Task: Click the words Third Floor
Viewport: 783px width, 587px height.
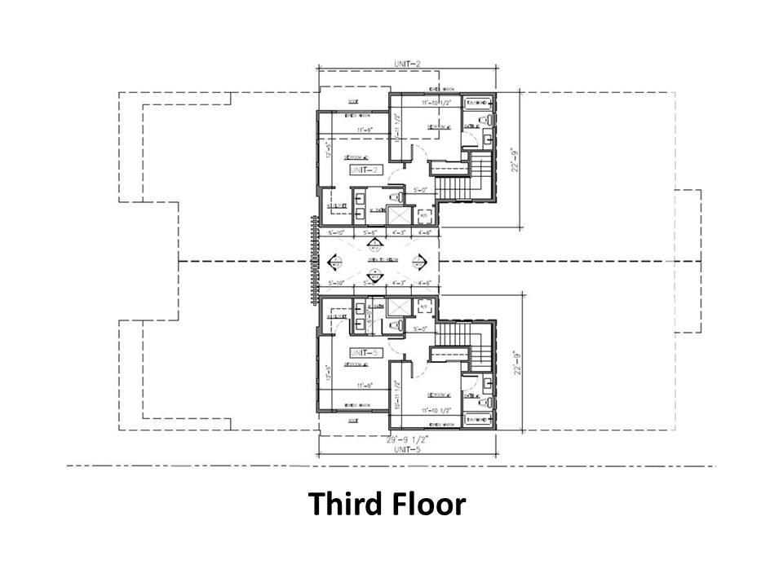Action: tap(387, 505)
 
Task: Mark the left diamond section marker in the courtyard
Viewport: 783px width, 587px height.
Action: tap(335, 262)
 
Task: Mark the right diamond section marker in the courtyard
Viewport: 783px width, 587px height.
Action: tap(421, 262)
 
